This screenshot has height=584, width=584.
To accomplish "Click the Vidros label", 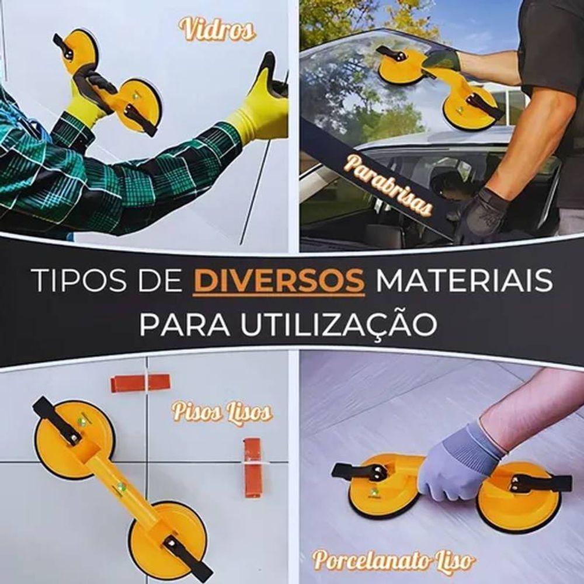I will tap(217, 29).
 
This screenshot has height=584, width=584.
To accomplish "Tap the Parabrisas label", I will tap(388, 185).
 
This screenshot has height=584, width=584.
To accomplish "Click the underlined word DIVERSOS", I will tap(277, 281).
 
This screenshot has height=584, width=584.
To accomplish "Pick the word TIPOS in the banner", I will tap(75, 281).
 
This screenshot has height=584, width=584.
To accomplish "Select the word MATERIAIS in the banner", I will tap(464, 281).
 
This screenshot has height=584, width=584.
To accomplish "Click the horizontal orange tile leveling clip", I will tap(140, 383).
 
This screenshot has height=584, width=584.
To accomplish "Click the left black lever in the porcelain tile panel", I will tap(359, 471).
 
